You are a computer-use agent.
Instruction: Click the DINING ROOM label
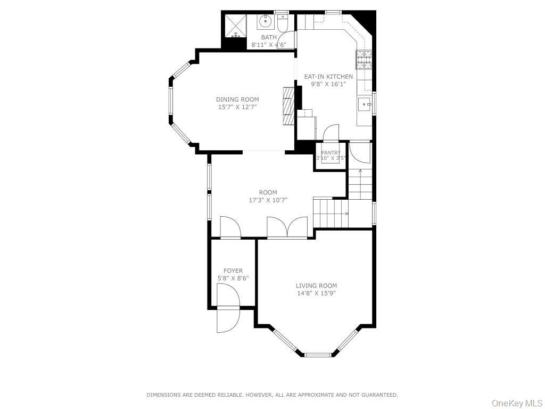pyautogui.click(x=237, y=100)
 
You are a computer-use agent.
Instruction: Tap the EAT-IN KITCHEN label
pyautogui.click(x=328, y=77)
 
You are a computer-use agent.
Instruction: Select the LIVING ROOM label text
pyautogui.click(x=316, y=286)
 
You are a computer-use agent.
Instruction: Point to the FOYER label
pyautogui.click(x=233, y=271)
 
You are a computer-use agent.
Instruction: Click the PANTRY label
pyautogui.click(x=331, y=153)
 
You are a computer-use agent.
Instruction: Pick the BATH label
pyautogui.click(x=269, y=37)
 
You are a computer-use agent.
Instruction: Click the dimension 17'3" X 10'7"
pyautogui.click(x=268, y=200)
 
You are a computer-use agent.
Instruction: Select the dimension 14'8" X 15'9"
pyautogui.click(x=316, y=293)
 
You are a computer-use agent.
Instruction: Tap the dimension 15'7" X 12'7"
pyautogui.click(x=237, y=107)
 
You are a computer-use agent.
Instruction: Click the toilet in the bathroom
pyautogui.click(x=283, y=22)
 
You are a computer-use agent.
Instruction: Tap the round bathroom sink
pyautogui.click(x=266, y=22)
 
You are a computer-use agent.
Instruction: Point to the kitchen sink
pyautogui.click(x=365, y=103)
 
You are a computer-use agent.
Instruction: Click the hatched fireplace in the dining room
pyautogui.click(x=288, y=105)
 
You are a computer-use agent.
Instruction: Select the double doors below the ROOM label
pyautogui.click(x=287, y=227)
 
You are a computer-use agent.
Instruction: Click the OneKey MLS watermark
pyautogui.click(x=516, y=403)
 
